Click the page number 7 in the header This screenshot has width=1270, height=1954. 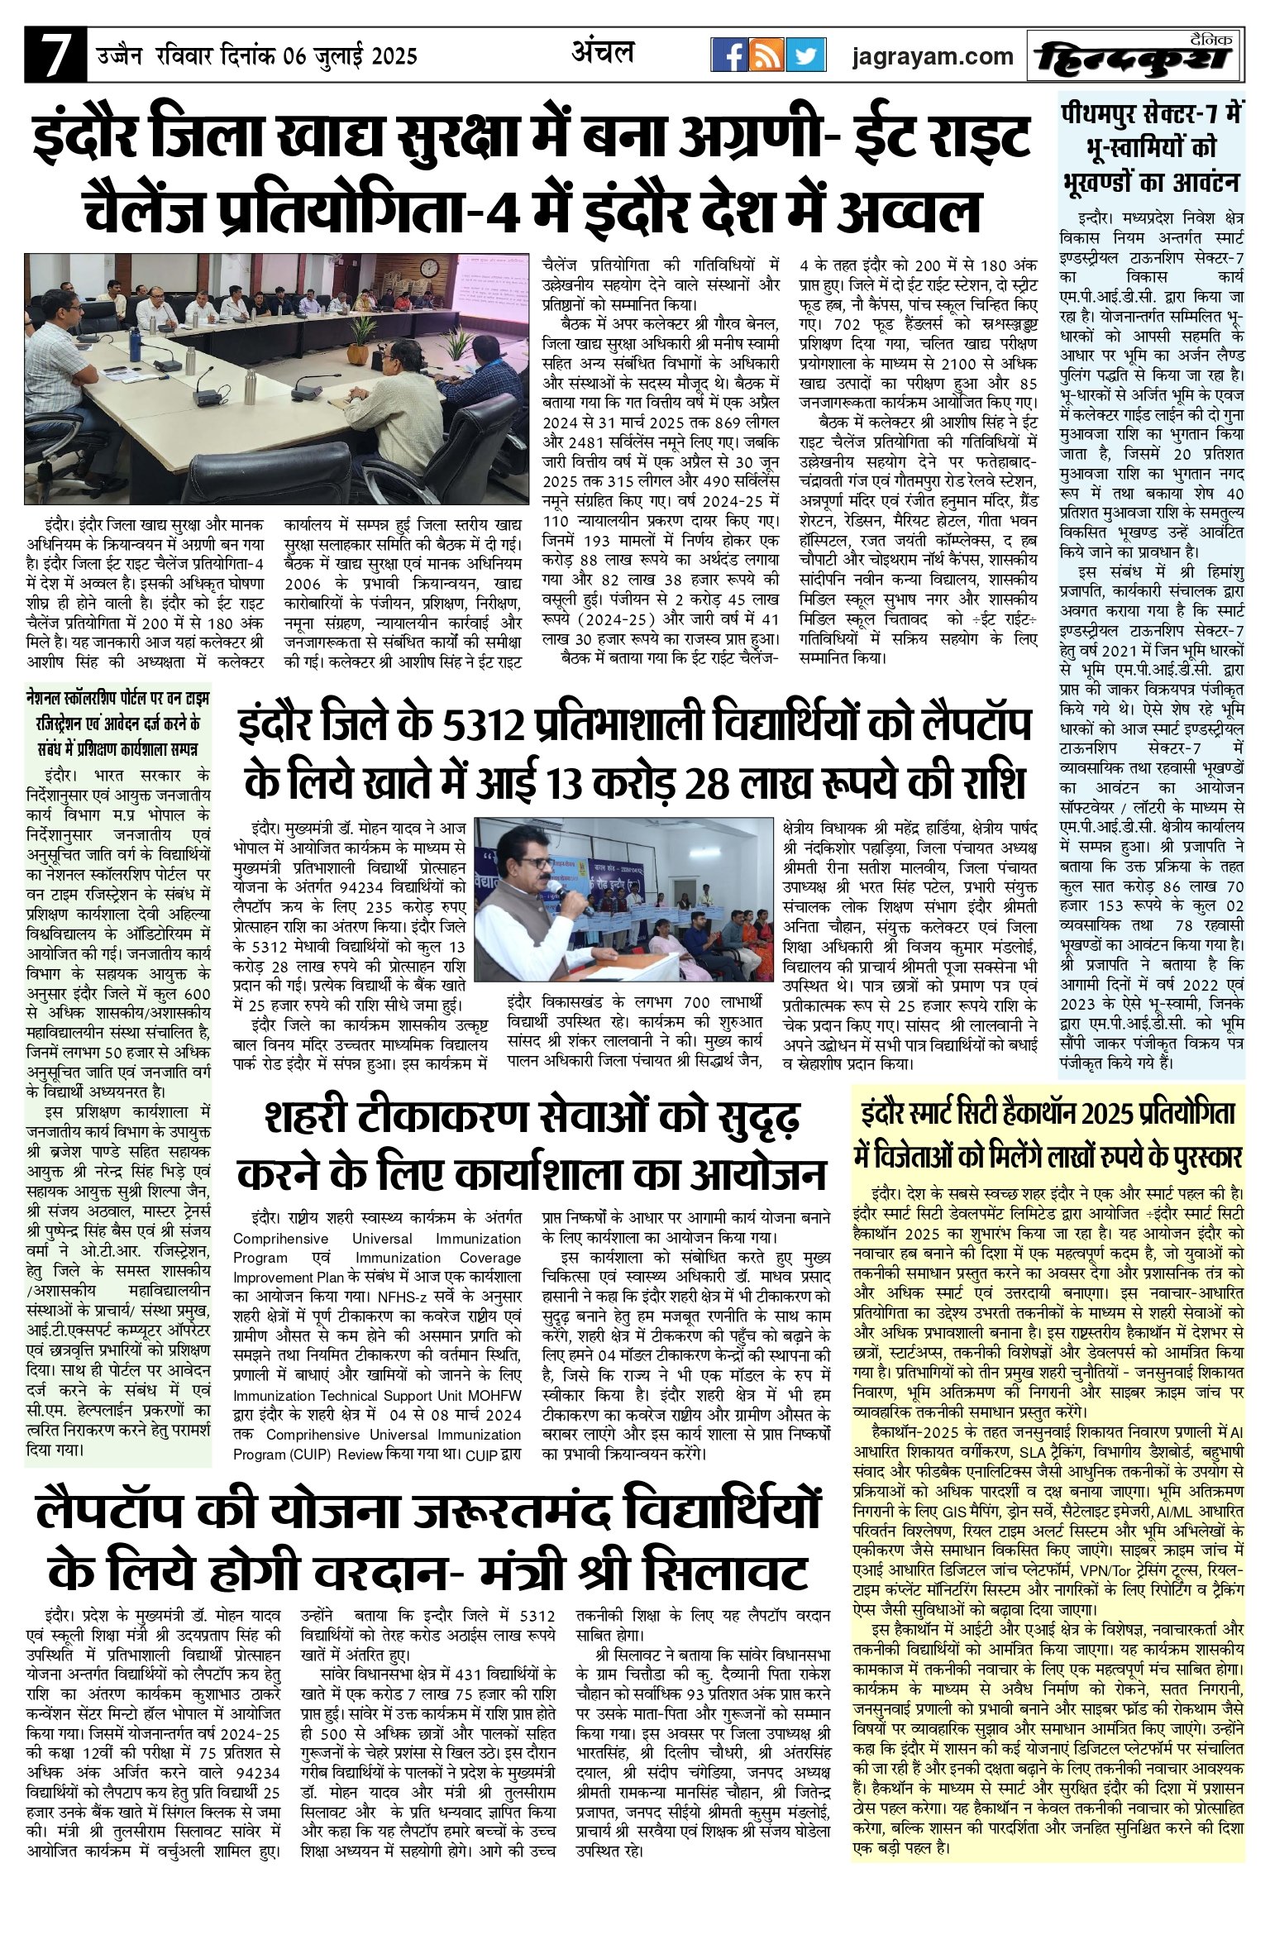[55, 56]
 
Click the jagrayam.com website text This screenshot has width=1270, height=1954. [933, 56]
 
